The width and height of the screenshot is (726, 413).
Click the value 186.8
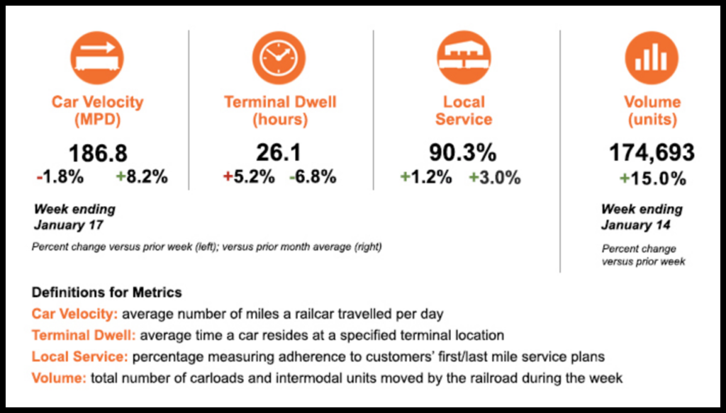pyautogui.click(x=98, y=154)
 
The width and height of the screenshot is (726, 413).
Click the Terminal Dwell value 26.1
pyautogui.click(x=280, y=154)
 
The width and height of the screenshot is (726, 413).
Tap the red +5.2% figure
pyautogui.click(x=249, y=177)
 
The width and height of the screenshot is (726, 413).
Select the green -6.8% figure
pyautogui.click(x=313, y=177)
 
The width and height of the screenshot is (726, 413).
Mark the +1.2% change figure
pyautogui.click(x=426, y=177)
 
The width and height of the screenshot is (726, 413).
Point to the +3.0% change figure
pyautogui.click(x=494, y=177)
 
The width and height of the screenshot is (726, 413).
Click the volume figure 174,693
pyautogui.click(x=652, y=154)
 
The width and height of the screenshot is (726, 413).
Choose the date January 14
pyautogui.click(x=635, y=225)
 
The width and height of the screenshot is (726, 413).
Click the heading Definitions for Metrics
pyautogui.click(x=106, y=293)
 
